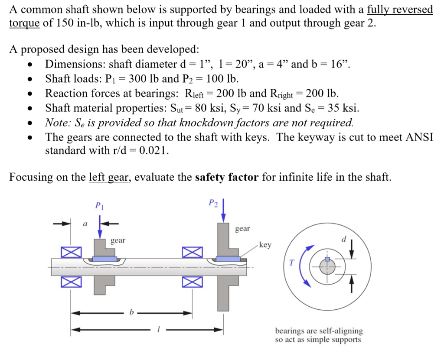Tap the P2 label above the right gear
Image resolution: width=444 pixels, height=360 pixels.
(212, 202)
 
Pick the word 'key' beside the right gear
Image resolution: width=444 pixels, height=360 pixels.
(265, 245)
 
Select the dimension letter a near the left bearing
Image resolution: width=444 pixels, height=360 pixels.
(85, 224)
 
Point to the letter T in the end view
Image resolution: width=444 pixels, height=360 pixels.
(291, 263)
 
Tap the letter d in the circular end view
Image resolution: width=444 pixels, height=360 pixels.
(344, 239)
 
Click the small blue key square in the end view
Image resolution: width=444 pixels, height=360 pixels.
(328, 259)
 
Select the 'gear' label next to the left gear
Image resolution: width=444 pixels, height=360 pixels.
(118, 240)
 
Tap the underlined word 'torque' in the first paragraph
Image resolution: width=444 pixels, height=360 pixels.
(24, 23)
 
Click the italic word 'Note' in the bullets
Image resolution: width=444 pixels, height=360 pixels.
(56, 123)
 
